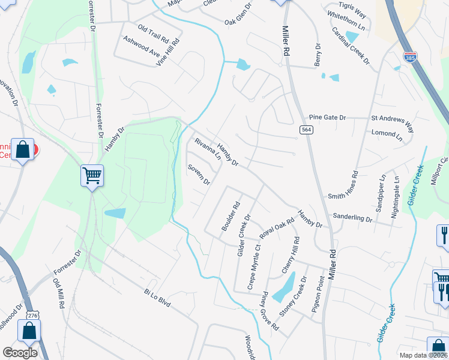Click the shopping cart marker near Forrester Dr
point(92,176)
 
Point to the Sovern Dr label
point(199,174)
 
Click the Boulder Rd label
point(231,216)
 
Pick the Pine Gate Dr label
point(327,118)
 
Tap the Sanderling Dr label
point(354,218)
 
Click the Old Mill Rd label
point(58,293)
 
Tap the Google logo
point(20,352)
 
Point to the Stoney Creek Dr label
point(292,296)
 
